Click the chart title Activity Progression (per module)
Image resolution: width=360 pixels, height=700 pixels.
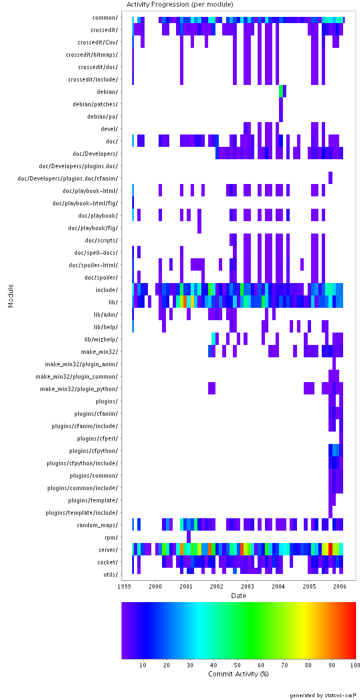(x=179, y=5)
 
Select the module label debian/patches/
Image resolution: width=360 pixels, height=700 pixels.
(x=96, y=104)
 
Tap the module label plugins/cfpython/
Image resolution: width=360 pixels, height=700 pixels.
(x=94, y=451)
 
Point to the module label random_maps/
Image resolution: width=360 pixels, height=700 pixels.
(x=98, y=525)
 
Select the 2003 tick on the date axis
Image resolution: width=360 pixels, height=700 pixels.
(x=247, y=586)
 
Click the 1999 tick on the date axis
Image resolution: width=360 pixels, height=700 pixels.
(x=125, y=586)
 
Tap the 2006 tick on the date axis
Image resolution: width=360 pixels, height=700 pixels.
(x=340, y=586)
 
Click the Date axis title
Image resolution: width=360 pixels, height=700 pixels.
(x=238, y=595)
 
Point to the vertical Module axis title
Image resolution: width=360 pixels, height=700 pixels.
(x=11, y=295)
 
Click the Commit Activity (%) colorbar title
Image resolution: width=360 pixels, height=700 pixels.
(x=238, y=674)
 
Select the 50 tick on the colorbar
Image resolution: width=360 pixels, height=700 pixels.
(x=238, y=665)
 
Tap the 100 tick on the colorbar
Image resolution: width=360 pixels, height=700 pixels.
(x=354, y=665)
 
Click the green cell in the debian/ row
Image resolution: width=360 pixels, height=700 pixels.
(x=281, y=91)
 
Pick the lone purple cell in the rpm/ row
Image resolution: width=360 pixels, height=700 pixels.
(x=188, y=537)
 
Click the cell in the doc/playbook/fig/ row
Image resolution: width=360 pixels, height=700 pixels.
(x=199, y=228)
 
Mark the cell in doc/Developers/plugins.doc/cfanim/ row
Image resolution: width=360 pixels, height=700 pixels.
(x=330, y=178)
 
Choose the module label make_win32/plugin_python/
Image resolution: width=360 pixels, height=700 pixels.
(x=79, y=389)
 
